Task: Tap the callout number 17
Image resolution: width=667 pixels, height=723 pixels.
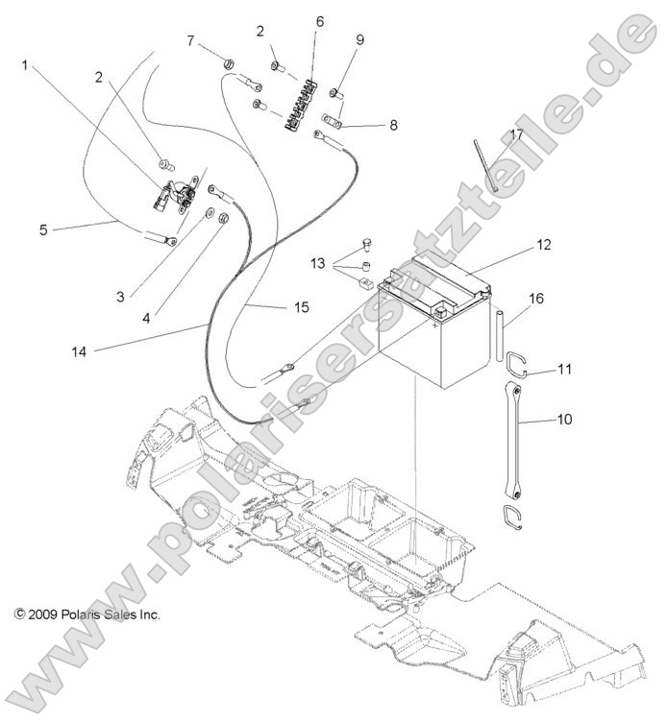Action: coord(516,134)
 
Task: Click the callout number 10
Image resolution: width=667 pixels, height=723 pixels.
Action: coord(564,420)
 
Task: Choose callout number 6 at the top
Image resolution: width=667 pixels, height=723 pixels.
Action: coord(319,21)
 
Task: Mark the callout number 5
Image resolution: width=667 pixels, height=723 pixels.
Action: coord(43,229)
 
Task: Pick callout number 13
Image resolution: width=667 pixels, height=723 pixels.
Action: coord(318,263)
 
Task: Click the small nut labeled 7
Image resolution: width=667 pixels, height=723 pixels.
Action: coord(231,65)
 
